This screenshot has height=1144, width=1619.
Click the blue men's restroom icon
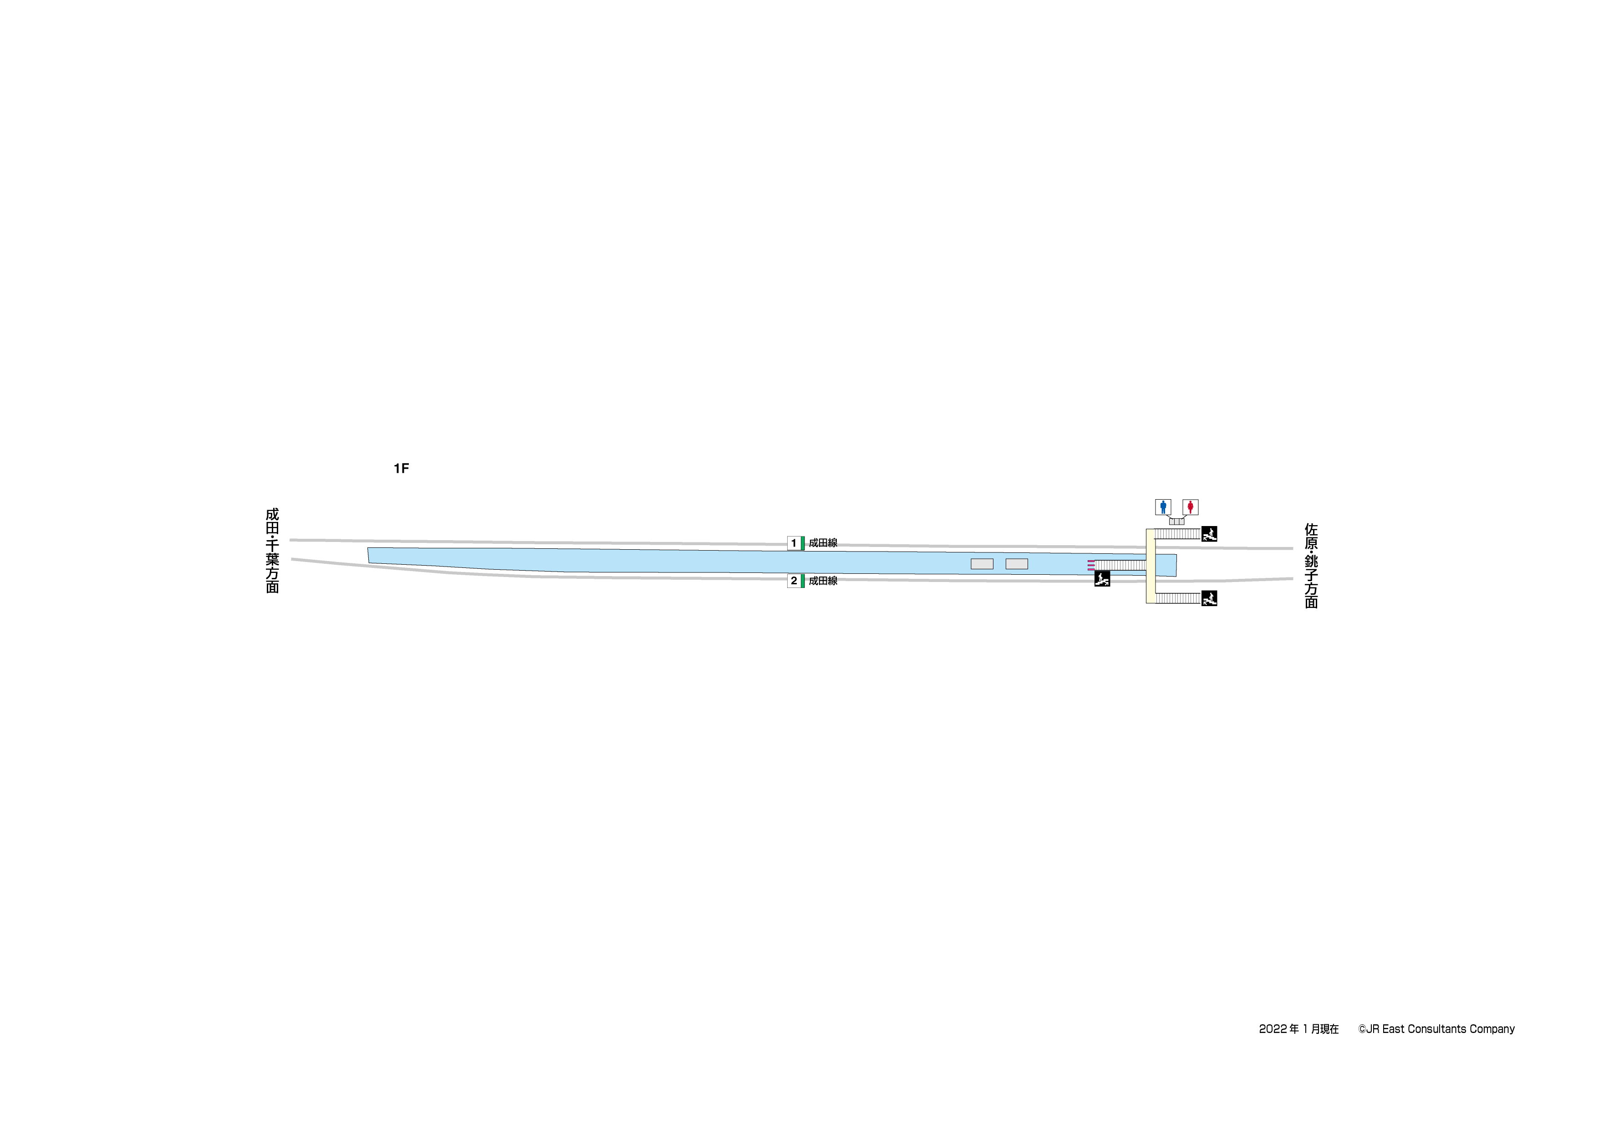pos(1163,507)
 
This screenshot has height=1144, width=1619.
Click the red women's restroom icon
pos(1190,507)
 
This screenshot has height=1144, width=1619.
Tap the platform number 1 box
pos(794,543)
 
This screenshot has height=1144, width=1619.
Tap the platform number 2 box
pos(794,581)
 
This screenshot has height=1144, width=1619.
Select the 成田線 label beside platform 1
pos(823,543)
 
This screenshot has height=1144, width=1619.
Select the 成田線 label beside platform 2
pos(823,581)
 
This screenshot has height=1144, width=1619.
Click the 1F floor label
pos(401,469)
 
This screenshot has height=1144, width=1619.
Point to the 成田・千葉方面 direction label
pos(272,551)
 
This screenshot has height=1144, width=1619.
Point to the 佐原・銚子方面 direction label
pos(1311,565)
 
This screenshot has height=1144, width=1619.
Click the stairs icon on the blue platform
pos(1102,579)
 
